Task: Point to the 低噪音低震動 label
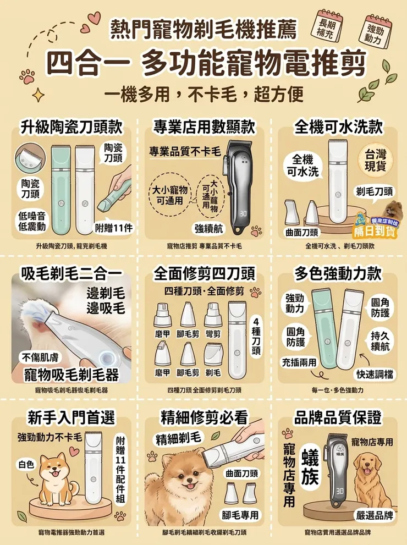[32, 221]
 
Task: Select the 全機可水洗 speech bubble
[302, 166]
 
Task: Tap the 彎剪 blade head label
[213, 334]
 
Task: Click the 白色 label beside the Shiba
[26, 464]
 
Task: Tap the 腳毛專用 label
[240, 514]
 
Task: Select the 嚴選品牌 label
[374, 515]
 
